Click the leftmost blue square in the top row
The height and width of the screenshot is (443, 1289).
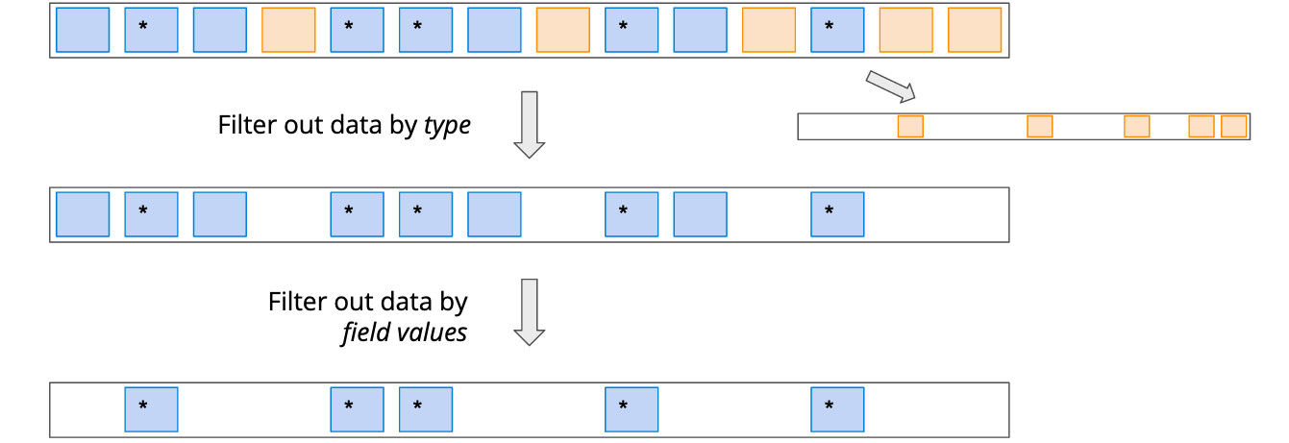point(83,30)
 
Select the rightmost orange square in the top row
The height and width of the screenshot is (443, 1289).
point(975,30)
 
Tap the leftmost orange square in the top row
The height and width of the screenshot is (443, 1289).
point(288,30)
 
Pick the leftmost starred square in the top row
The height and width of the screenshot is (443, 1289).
point(151,30)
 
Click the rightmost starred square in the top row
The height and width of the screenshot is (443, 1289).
point(837,30)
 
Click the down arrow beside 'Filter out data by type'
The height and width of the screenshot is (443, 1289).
point(529,124)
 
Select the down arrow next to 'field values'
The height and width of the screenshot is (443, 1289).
point(529,311)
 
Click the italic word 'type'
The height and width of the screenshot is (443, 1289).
point(447,126)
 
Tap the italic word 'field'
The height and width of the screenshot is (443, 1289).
point(362,332)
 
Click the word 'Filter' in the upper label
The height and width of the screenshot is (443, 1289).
point(248,125)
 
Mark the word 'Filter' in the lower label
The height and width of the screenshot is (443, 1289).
point(298,302)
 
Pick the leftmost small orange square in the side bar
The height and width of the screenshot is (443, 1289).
point(910,126)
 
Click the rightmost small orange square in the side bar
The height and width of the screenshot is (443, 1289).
point(1233,126)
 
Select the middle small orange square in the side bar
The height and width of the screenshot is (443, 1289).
point(1136,126)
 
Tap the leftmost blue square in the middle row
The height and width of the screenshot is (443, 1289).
point(83,213)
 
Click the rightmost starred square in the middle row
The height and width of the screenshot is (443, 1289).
point(837,213)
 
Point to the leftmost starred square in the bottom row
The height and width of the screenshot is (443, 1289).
point(151,409)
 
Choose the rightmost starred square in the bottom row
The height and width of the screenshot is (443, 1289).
point(837,409)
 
